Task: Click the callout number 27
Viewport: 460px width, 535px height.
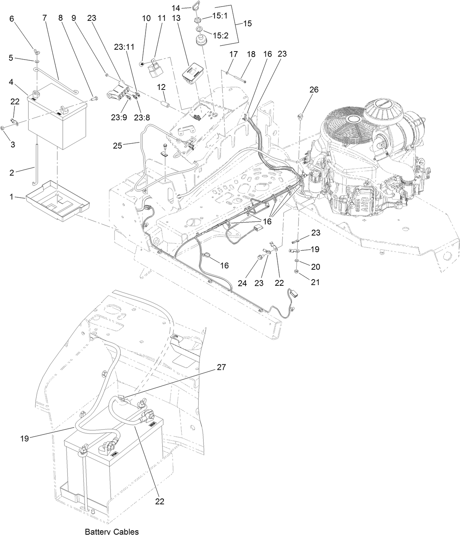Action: (221, 367)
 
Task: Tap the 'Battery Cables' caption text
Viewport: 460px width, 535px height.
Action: (112, 531)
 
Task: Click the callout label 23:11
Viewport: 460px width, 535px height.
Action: (124, 47)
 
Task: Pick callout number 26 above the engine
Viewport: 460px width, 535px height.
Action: (314, 90)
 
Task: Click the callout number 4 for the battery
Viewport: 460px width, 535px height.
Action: (12, 82)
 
